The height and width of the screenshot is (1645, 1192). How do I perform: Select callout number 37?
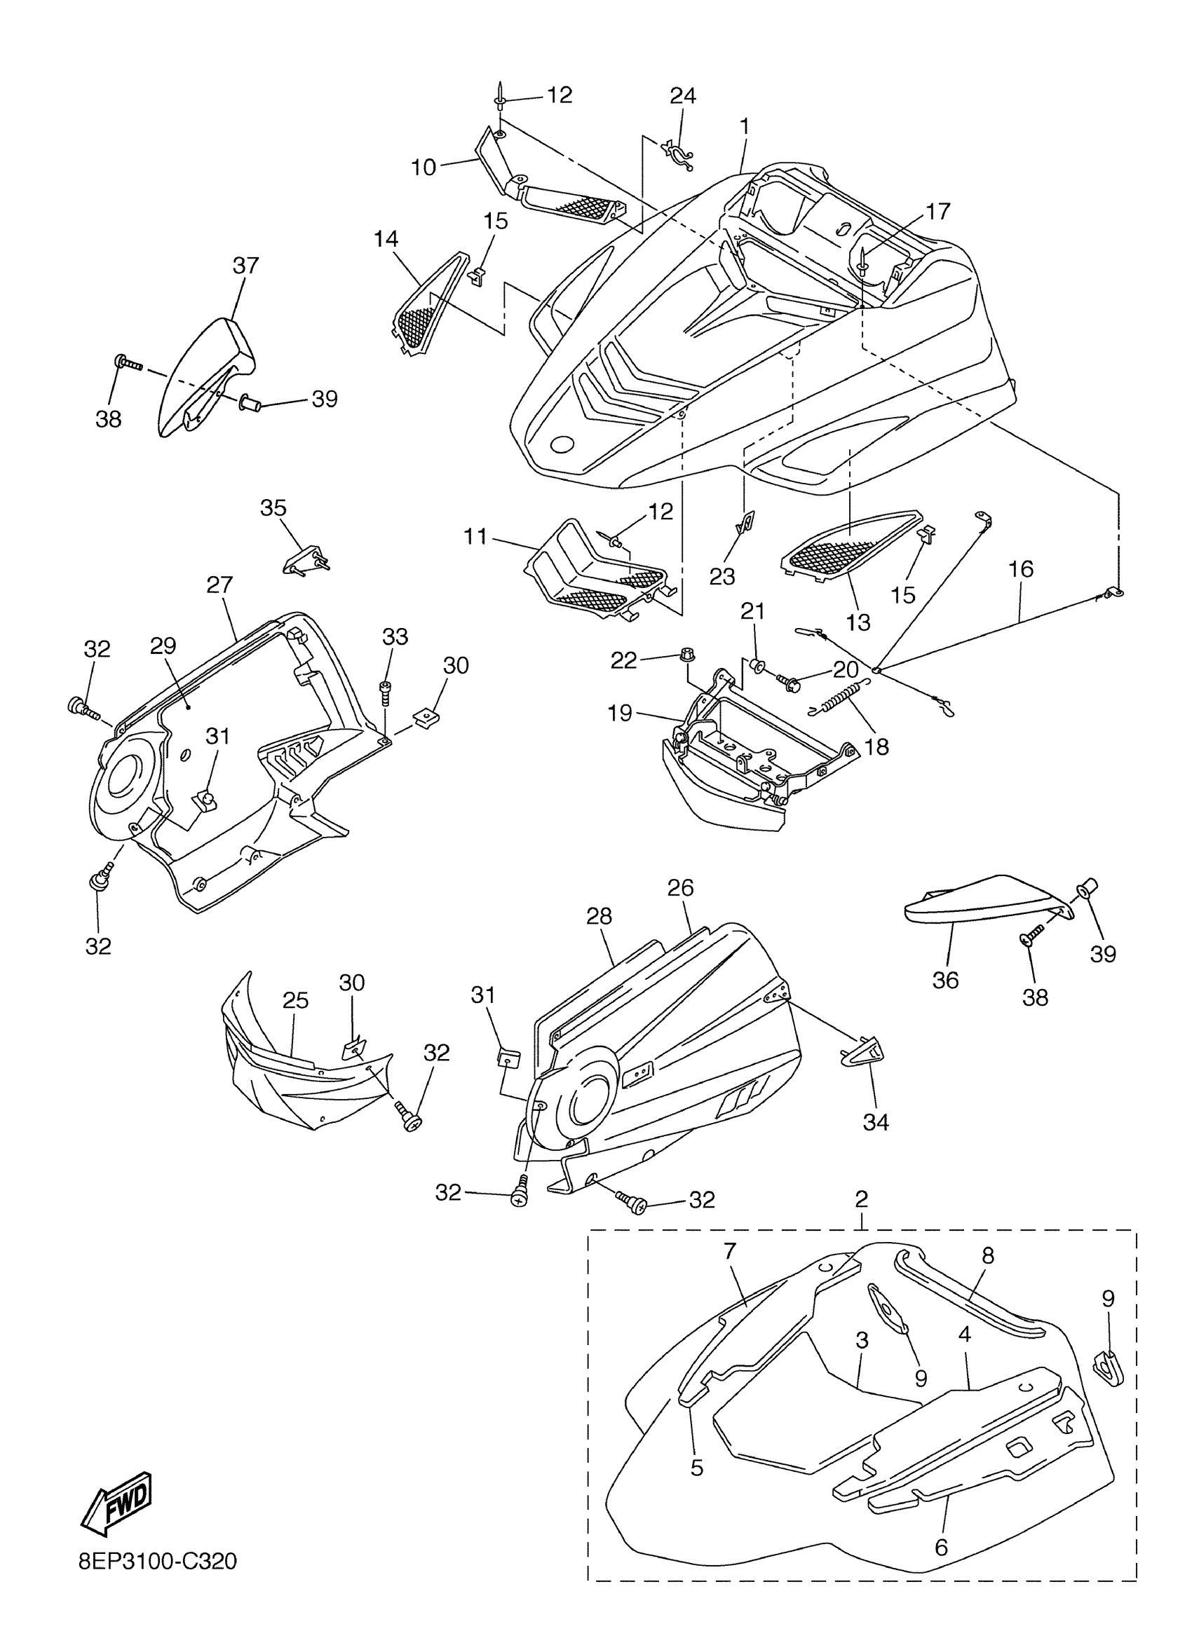point(245,266)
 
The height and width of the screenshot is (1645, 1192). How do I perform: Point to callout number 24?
point(682,96)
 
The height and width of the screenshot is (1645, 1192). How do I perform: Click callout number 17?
point(937,211)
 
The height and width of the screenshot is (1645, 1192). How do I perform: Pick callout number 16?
point(1021,569)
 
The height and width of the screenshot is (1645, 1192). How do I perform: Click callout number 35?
point(273,507)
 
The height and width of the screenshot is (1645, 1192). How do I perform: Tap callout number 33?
point(395,636)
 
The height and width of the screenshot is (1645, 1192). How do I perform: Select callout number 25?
point(295,1000)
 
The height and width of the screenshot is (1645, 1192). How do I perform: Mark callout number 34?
point(876,1122)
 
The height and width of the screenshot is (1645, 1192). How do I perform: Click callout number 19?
point(621,713)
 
